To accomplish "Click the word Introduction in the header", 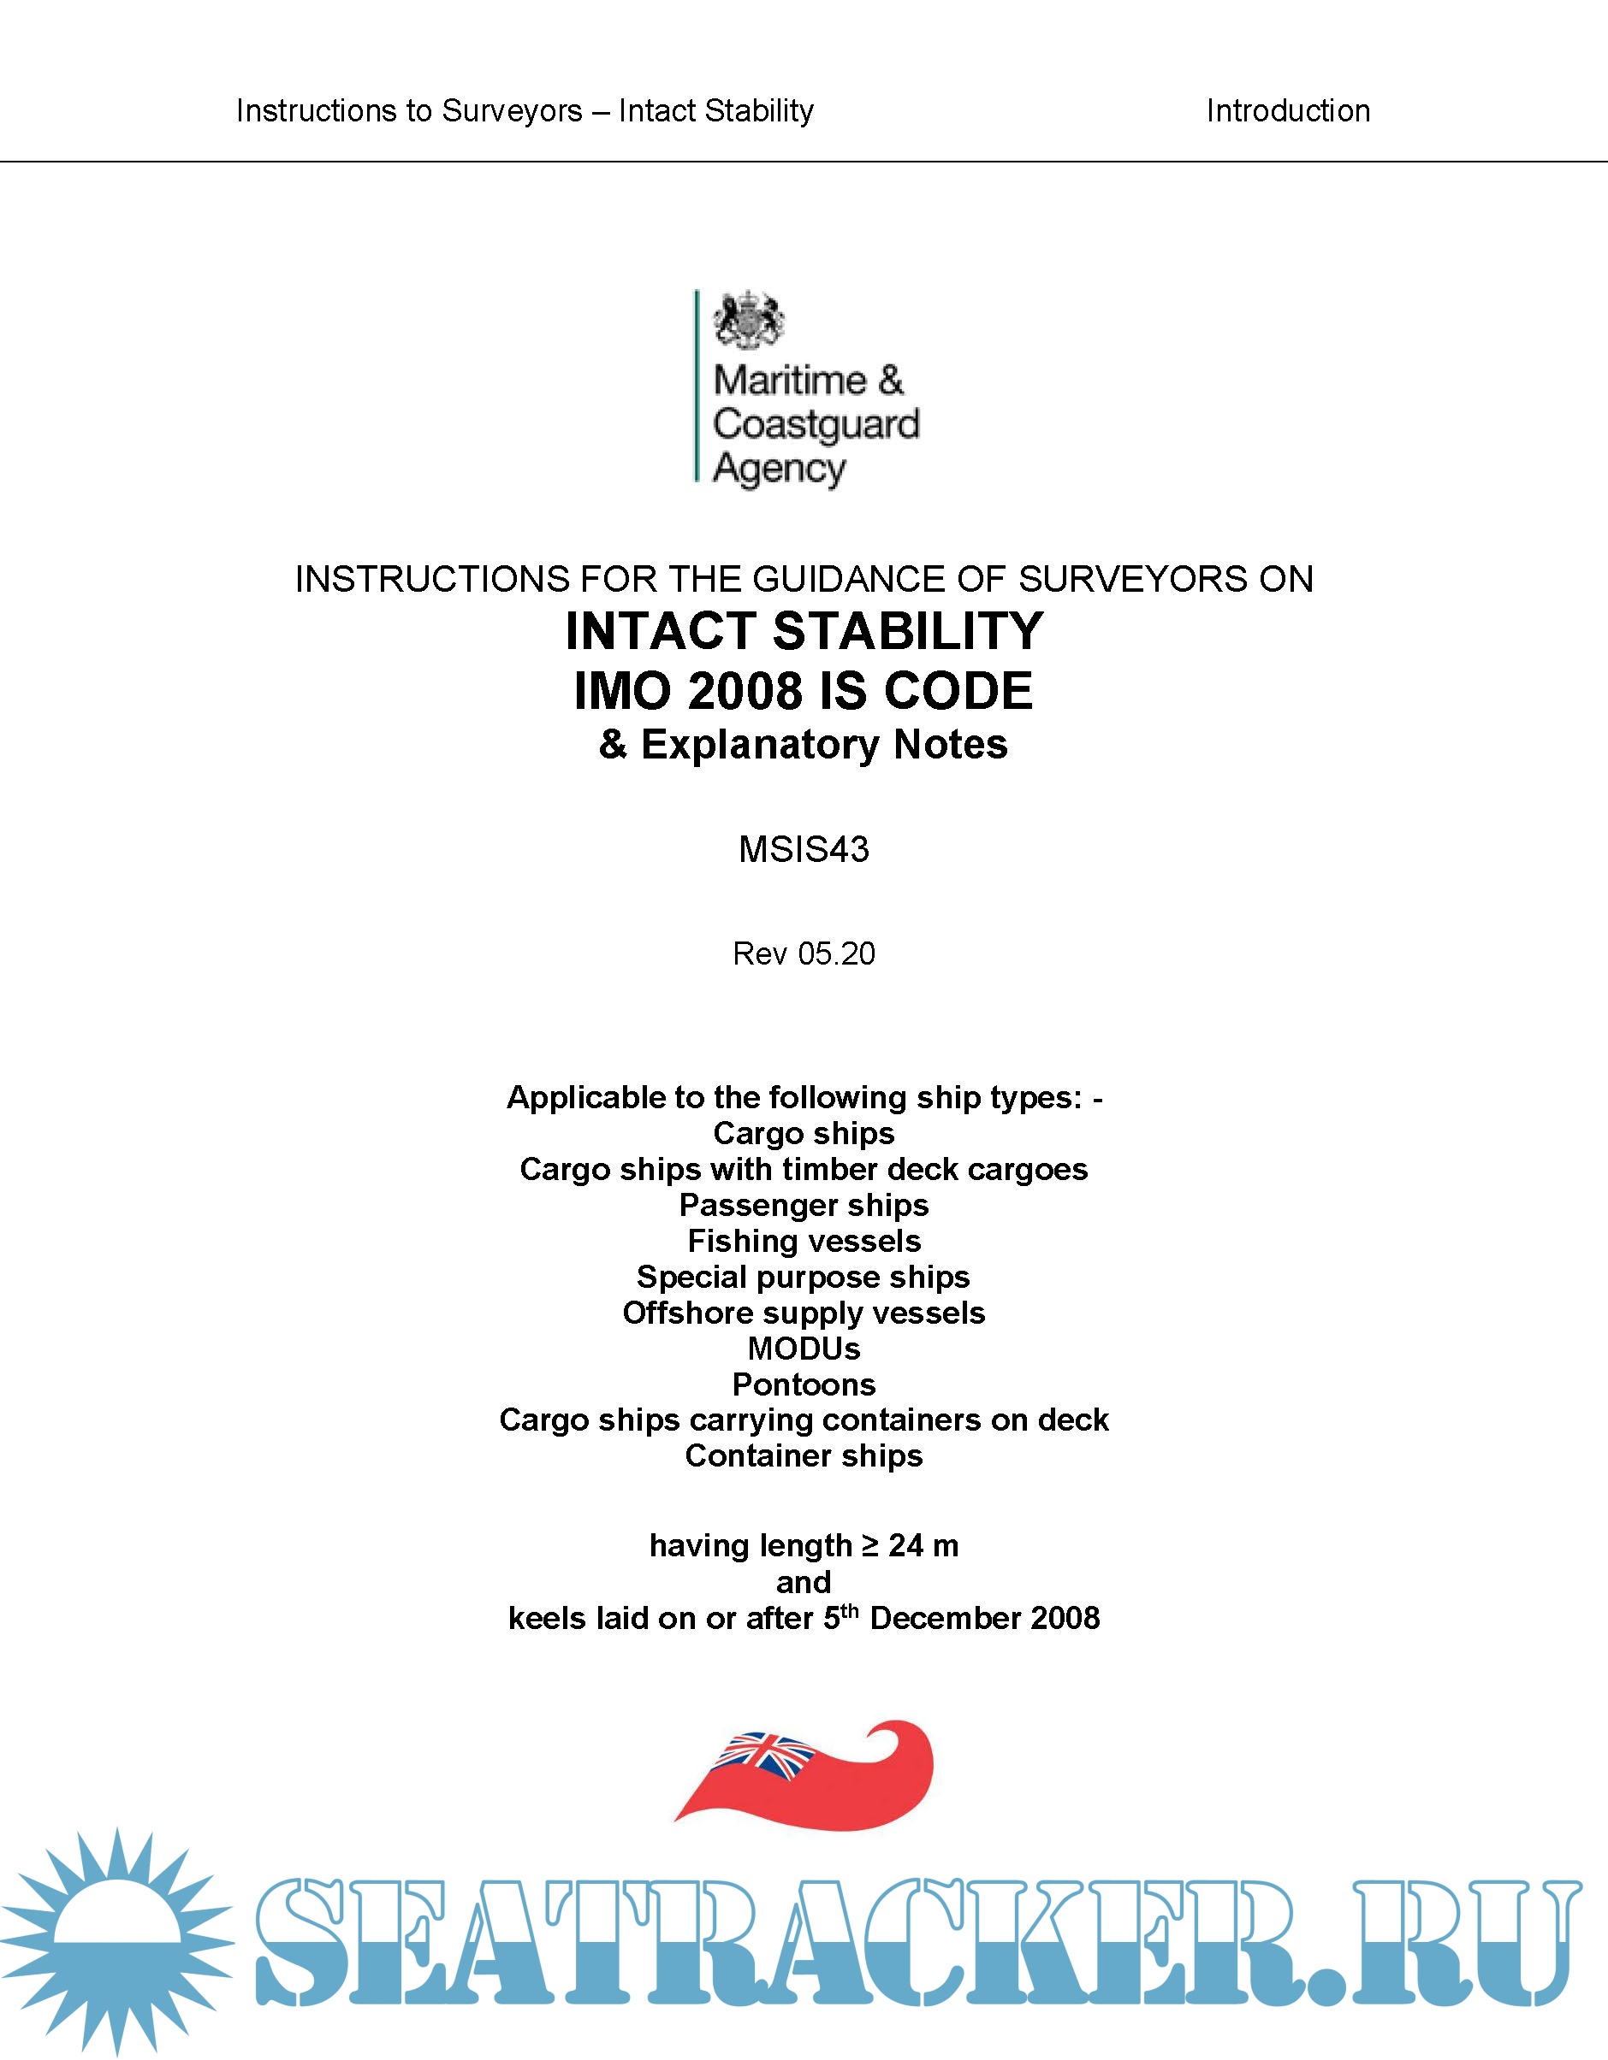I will (x=1287, y=111).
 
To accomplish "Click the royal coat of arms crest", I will (x=750, y=320).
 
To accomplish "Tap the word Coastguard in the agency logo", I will (x=816, y=425).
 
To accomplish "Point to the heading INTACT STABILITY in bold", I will (x=804, y=631).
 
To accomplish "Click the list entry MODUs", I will (x=804, y=1348).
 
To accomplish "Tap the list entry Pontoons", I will (x=804, y=1384).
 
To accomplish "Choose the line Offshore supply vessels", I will (x=804, y=1312).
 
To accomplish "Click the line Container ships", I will (x=804, y=1455).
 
